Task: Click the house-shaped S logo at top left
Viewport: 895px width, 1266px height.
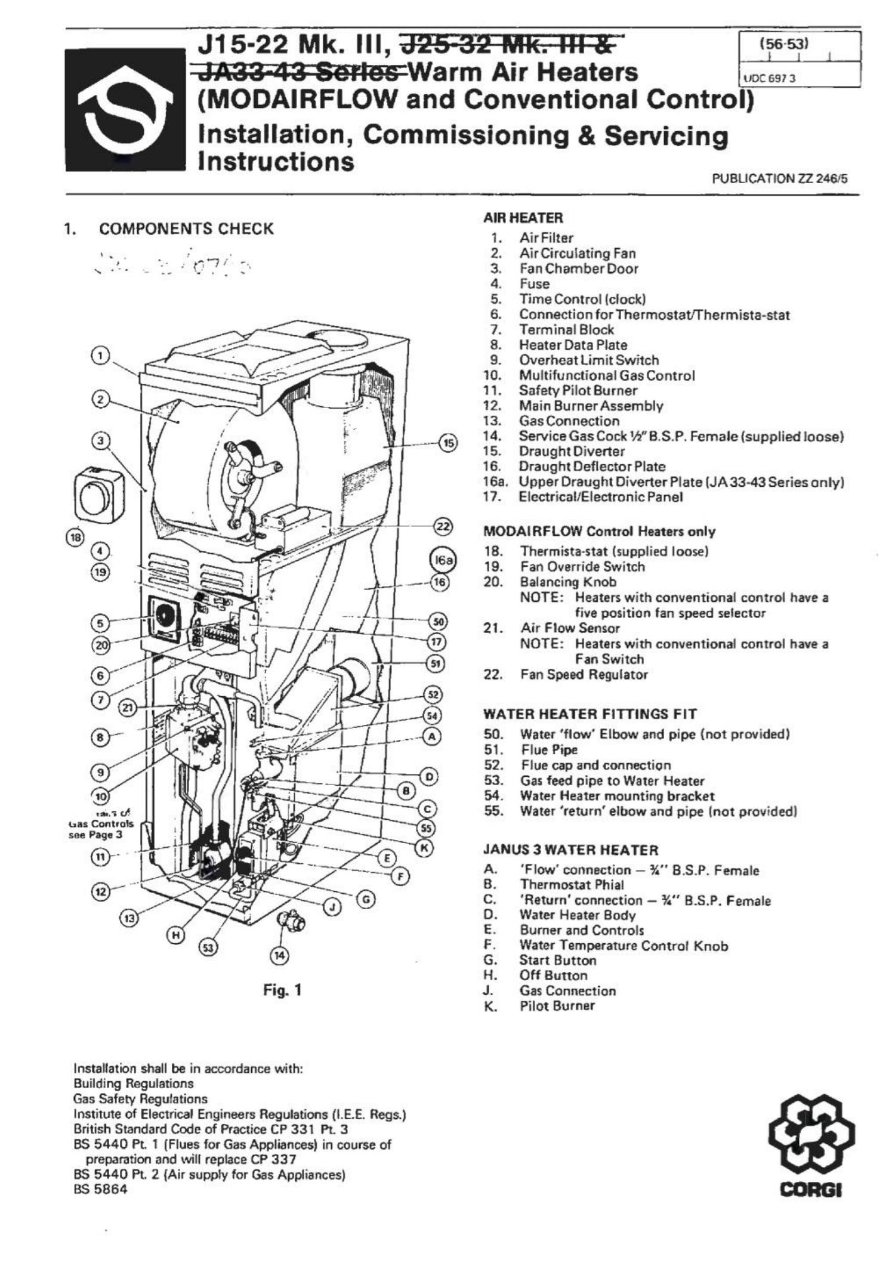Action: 125,110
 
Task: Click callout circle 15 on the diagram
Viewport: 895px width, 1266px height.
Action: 448,443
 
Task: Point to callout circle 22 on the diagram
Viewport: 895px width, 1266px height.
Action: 442,527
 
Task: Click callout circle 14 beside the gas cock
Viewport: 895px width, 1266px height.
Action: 279,955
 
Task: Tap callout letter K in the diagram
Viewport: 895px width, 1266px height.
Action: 424,848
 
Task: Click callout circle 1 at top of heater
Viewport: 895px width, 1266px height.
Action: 101,356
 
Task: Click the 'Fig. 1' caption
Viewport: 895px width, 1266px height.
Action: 282,990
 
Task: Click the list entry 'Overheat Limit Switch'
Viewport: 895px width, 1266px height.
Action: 588,360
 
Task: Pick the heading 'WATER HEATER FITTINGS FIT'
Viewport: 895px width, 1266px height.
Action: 590,714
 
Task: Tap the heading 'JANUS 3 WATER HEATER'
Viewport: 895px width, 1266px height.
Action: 570,850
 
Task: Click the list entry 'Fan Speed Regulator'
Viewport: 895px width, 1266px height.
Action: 584,675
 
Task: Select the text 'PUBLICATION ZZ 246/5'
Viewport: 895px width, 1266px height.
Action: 779,178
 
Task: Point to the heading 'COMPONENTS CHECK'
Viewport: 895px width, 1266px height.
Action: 186,229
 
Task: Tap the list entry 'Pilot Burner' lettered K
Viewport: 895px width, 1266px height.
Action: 557,1006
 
